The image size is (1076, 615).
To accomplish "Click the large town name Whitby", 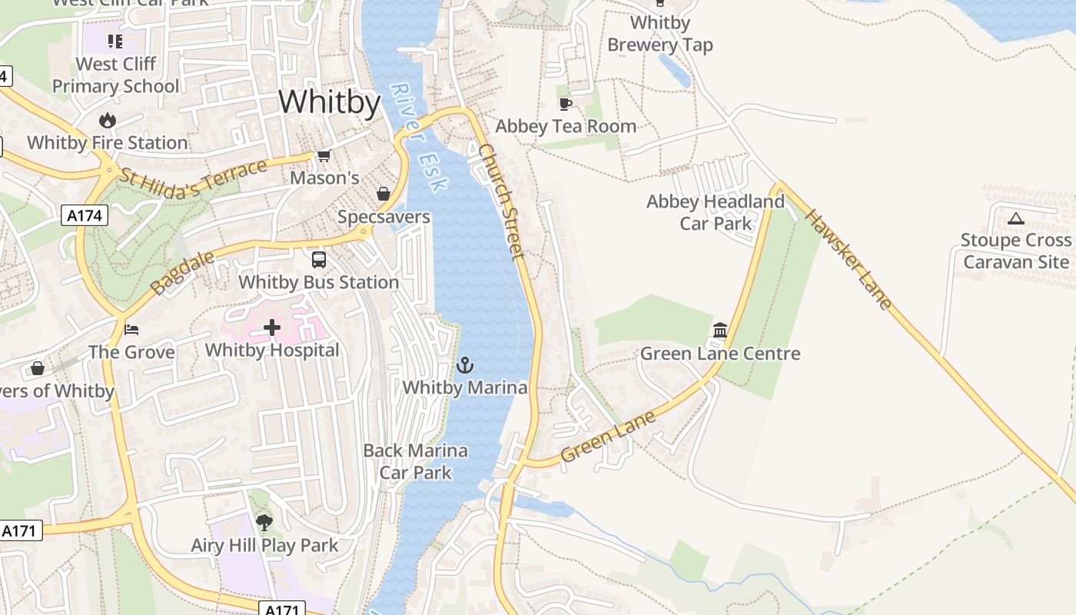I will pyautogui.click(x=329, y=102).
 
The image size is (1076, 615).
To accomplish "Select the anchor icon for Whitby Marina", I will pyautogui.click(x=465, y=365).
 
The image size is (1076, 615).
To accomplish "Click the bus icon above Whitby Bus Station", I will pyautogui.click(x=318, y=260).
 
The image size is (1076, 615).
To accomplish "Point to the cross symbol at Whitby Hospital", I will pyautogui.click(x=272, y=328).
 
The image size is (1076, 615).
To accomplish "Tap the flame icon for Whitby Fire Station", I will pyautogui.click(x=108, y=121).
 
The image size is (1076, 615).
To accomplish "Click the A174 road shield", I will pyautogui.click(x=85, y=216).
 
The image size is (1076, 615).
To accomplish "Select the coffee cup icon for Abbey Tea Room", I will pyautogui.click(x=566, y=104).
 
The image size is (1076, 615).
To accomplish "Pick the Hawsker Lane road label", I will pyautogui.click(x=849, y=258).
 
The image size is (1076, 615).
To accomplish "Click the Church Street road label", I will pyautogui.click(x=501, y=201).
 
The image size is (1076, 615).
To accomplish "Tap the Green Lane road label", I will pyautogui.click(x=609, y=436).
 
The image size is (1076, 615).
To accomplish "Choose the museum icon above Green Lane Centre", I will pyautogui.click(x=720, y=331).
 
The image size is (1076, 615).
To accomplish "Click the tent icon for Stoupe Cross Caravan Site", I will pyautogui.click(x=1016, y=218).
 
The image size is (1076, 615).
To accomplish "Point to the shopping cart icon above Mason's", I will pyautogui.click(x=324, y=156).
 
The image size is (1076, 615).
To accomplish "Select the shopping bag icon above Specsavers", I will pyautogui.click(x=384, y=194).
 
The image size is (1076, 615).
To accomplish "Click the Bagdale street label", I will pyautogui.click(x=172, y=272).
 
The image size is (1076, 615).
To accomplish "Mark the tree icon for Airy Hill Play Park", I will pyautogui.click(x=264, y=523).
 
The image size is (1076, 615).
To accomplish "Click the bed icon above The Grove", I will pyautogui.click(x=131, y=330).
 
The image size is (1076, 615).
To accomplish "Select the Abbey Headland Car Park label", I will pyautogui.click(x=716, y=212).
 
